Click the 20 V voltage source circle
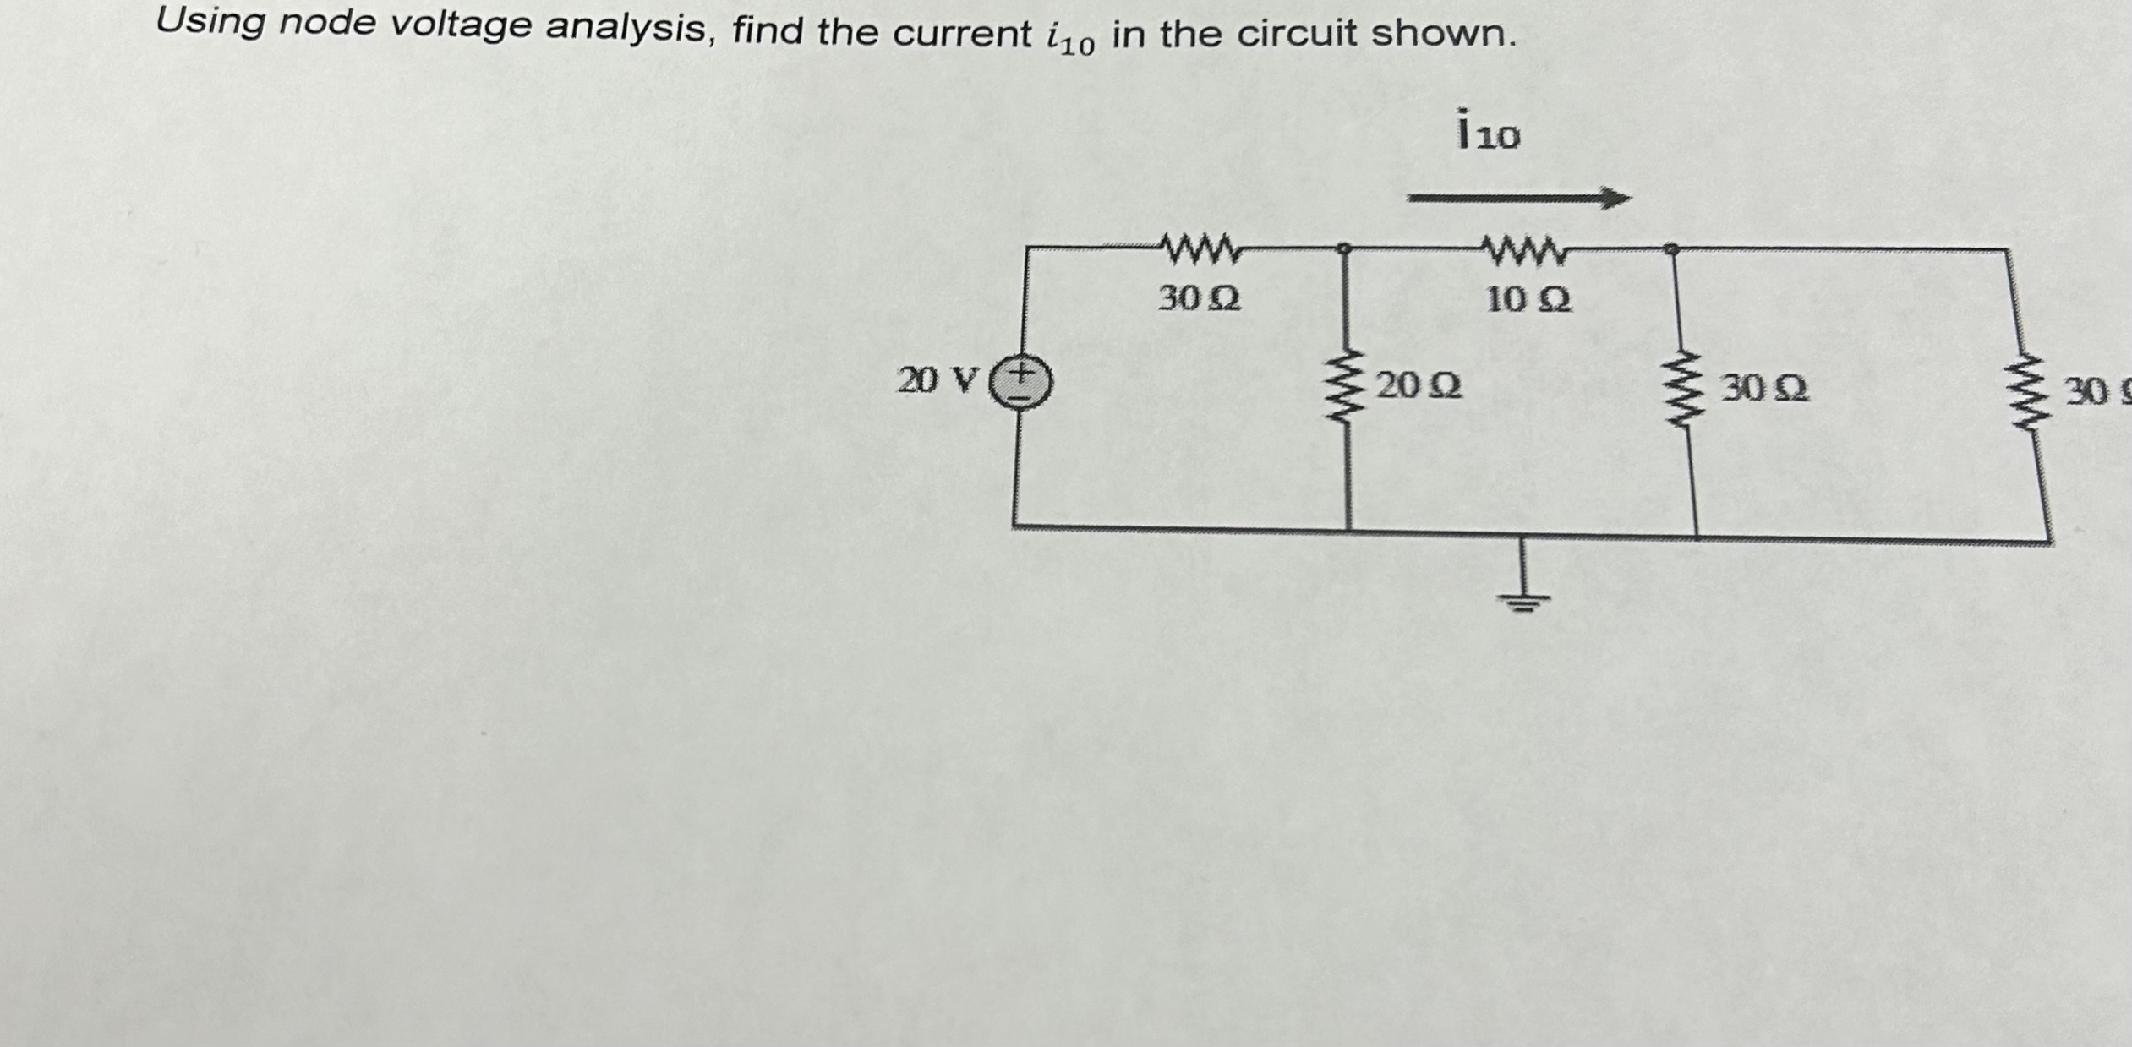point(1021,382)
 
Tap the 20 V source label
point(938,381)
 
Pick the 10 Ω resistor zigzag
point(1525,250)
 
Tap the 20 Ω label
point(1419,385)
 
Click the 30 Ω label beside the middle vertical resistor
point(1765,389)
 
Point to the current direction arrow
point(1518,199)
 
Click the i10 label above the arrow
point(1488,131)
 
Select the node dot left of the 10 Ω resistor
point(1344,249)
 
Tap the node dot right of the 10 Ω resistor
point(1670,249)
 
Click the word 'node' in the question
point(328,25)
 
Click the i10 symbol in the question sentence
point(1069,38)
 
